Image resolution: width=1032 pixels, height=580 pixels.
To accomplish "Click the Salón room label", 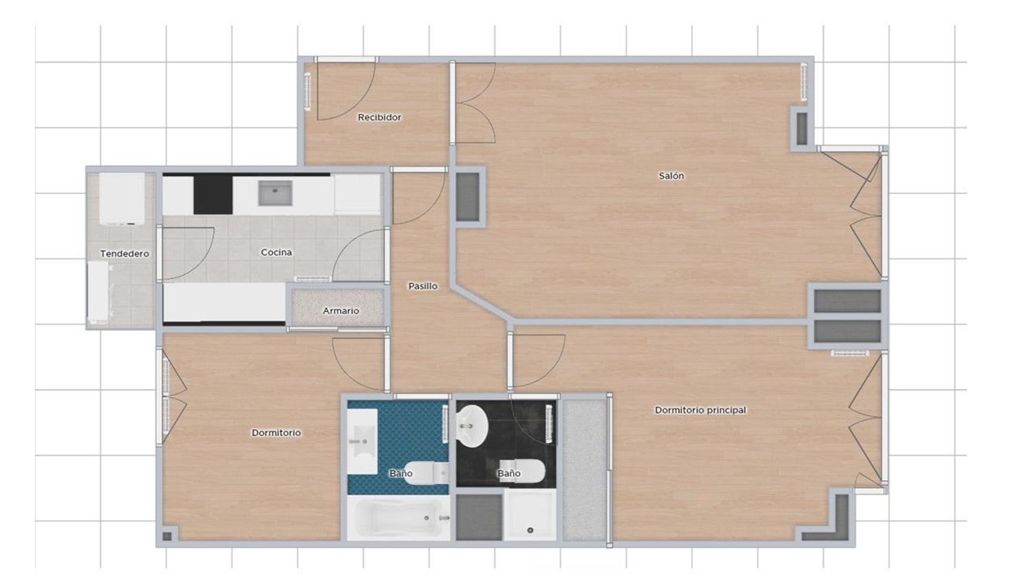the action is [x=671, y=176].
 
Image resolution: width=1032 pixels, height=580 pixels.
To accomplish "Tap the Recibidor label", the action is [x=379, y=118].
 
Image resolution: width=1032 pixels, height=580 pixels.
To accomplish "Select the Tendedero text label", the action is [x=125, y=254].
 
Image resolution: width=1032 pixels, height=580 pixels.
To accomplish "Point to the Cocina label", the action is [x=277, y=252].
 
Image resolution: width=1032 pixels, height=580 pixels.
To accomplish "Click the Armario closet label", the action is [x=341, y=311].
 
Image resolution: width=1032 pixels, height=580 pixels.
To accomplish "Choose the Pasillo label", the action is [x=423, y=286].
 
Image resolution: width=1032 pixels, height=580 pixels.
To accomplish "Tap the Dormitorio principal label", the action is [x=700, y=410].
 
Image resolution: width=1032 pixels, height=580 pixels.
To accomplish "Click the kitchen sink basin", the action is [x=275, y=193].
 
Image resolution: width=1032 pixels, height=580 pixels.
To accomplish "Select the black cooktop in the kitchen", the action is [x=213, y=195].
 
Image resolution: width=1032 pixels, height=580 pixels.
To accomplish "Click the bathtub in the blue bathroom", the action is [x=398, y=518].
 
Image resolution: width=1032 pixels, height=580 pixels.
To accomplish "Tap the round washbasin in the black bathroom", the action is [x=472, y=426].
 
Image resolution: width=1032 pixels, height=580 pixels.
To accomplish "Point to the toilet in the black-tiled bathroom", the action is [x=523, y=471].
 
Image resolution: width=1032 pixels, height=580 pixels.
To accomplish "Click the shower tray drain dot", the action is [x=530, y=531].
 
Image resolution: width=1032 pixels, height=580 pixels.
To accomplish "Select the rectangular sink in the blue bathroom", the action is [x=362, y=441].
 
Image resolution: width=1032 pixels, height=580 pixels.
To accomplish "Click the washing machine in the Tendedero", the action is [x=122, y=199].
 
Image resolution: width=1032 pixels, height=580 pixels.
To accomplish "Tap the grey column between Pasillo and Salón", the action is [x=468, y=197].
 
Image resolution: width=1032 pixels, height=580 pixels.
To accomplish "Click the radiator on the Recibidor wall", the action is [x=308, y=91].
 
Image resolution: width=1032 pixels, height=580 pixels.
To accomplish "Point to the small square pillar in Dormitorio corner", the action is [x=167, y=536].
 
